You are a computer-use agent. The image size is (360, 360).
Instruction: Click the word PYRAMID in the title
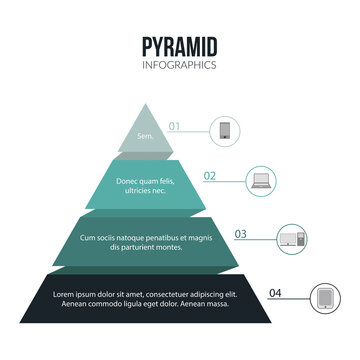(x=179, y=47)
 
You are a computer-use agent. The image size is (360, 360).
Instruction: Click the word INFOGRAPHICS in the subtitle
(x=179, y=65)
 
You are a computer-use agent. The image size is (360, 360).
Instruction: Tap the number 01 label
(x=174, y=126)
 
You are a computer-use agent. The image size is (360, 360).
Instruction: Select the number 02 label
(x=210, y=176)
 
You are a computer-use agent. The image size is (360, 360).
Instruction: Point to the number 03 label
(x=240, y=234)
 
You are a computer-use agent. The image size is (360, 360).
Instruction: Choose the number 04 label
(x=275, y=293)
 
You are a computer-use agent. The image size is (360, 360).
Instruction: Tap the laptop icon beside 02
(x=260, y=181)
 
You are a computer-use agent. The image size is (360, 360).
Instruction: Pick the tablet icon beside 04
(x=325, y=298)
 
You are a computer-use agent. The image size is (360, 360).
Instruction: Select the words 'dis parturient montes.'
(x=146, y=247)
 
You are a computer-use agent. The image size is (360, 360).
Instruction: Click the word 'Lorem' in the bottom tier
(x=66, y=294)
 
